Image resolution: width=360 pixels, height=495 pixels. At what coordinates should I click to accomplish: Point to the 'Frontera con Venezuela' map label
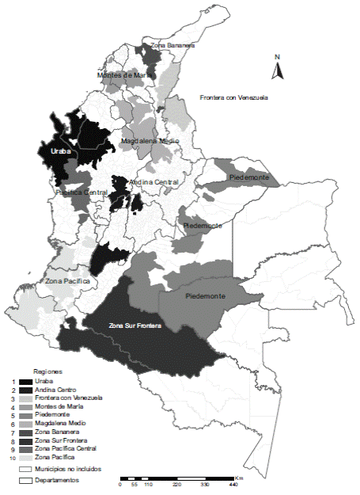pyautogui.click(x=233, y=97)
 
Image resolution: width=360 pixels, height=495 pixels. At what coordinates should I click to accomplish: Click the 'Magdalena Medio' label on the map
pyautogui.click(x=150, y=142)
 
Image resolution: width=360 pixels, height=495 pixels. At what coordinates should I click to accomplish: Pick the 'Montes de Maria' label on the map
pyautogui.click(x=124, y=75)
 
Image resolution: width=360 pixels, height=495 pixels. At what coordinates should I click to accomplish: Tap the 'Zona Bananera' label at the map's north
pyautogui.click(x=172, y=46)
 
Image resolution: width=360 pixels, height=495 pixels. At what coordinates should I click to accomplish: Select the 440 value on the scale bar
pyautogui.click(x=233, y=485)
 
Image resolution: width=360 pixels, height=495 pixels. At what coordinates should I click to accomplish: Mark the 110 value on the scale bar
pyautogui.click(x=148, y=485)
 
